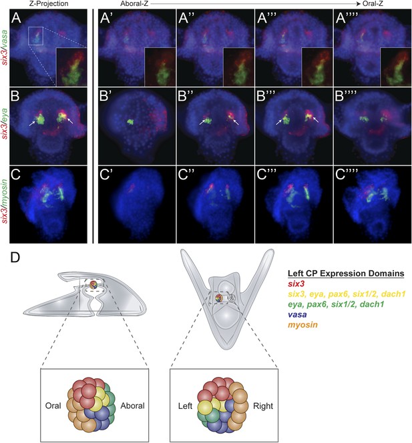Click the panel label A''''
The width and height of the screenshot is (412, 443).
pyautogui.click(x=347, y=19)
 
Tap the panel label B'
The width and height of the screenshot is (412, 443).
pyautogui.click(x=106, y=96)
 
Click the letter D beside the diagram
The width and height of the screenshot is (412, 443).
pyautogui.click(x=15, y=257)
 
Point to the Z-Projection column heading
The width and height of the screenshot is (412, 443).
pyautogui.click(x=49, y=4)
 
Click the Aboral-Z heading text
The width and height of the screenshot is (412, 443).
pyautogui.click(x=134, y=4)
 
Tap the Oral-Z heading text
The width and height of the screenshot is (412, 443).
pyautogui.click(x=373, y=4)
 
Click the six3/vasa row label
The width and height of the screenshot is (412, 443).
pyautogui.click(x=5, y=48)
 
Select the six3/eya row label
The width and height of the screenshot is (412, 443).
pyautogui.click(x=5, y=125)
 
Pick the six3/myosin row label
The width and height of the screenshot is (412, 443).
pyautogui.click(x=5, y=205)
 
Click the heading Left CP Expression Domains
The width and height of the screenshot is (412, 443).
pyautogui.click(x=346, y=274)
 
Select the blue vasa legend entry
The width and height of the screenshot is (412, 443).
pyautogui.click(x=297, y=314)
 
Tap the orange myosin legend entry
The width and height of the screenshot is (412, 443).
pyautogui.click(x=302, y=325)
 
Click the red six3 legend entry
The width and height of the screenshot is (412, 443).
pyautogui.click(x=296, y=284)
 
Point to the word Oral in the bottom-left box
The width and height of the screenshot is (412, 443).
pyautogui.click(x=53, y=406)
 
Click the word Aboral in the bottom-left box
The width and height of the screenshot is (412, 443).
pyautogui.click(x=132, y=406)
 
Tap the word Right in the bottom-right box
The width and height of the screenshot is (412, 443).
pyautogui.click(x=263, y=406)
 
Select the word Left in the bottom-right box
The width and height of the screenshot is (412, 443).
pyautogui.click(x=185, y=406)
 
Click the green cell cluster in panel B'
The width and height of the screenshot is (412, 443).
pyautogui.click(x=130, y=122)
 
